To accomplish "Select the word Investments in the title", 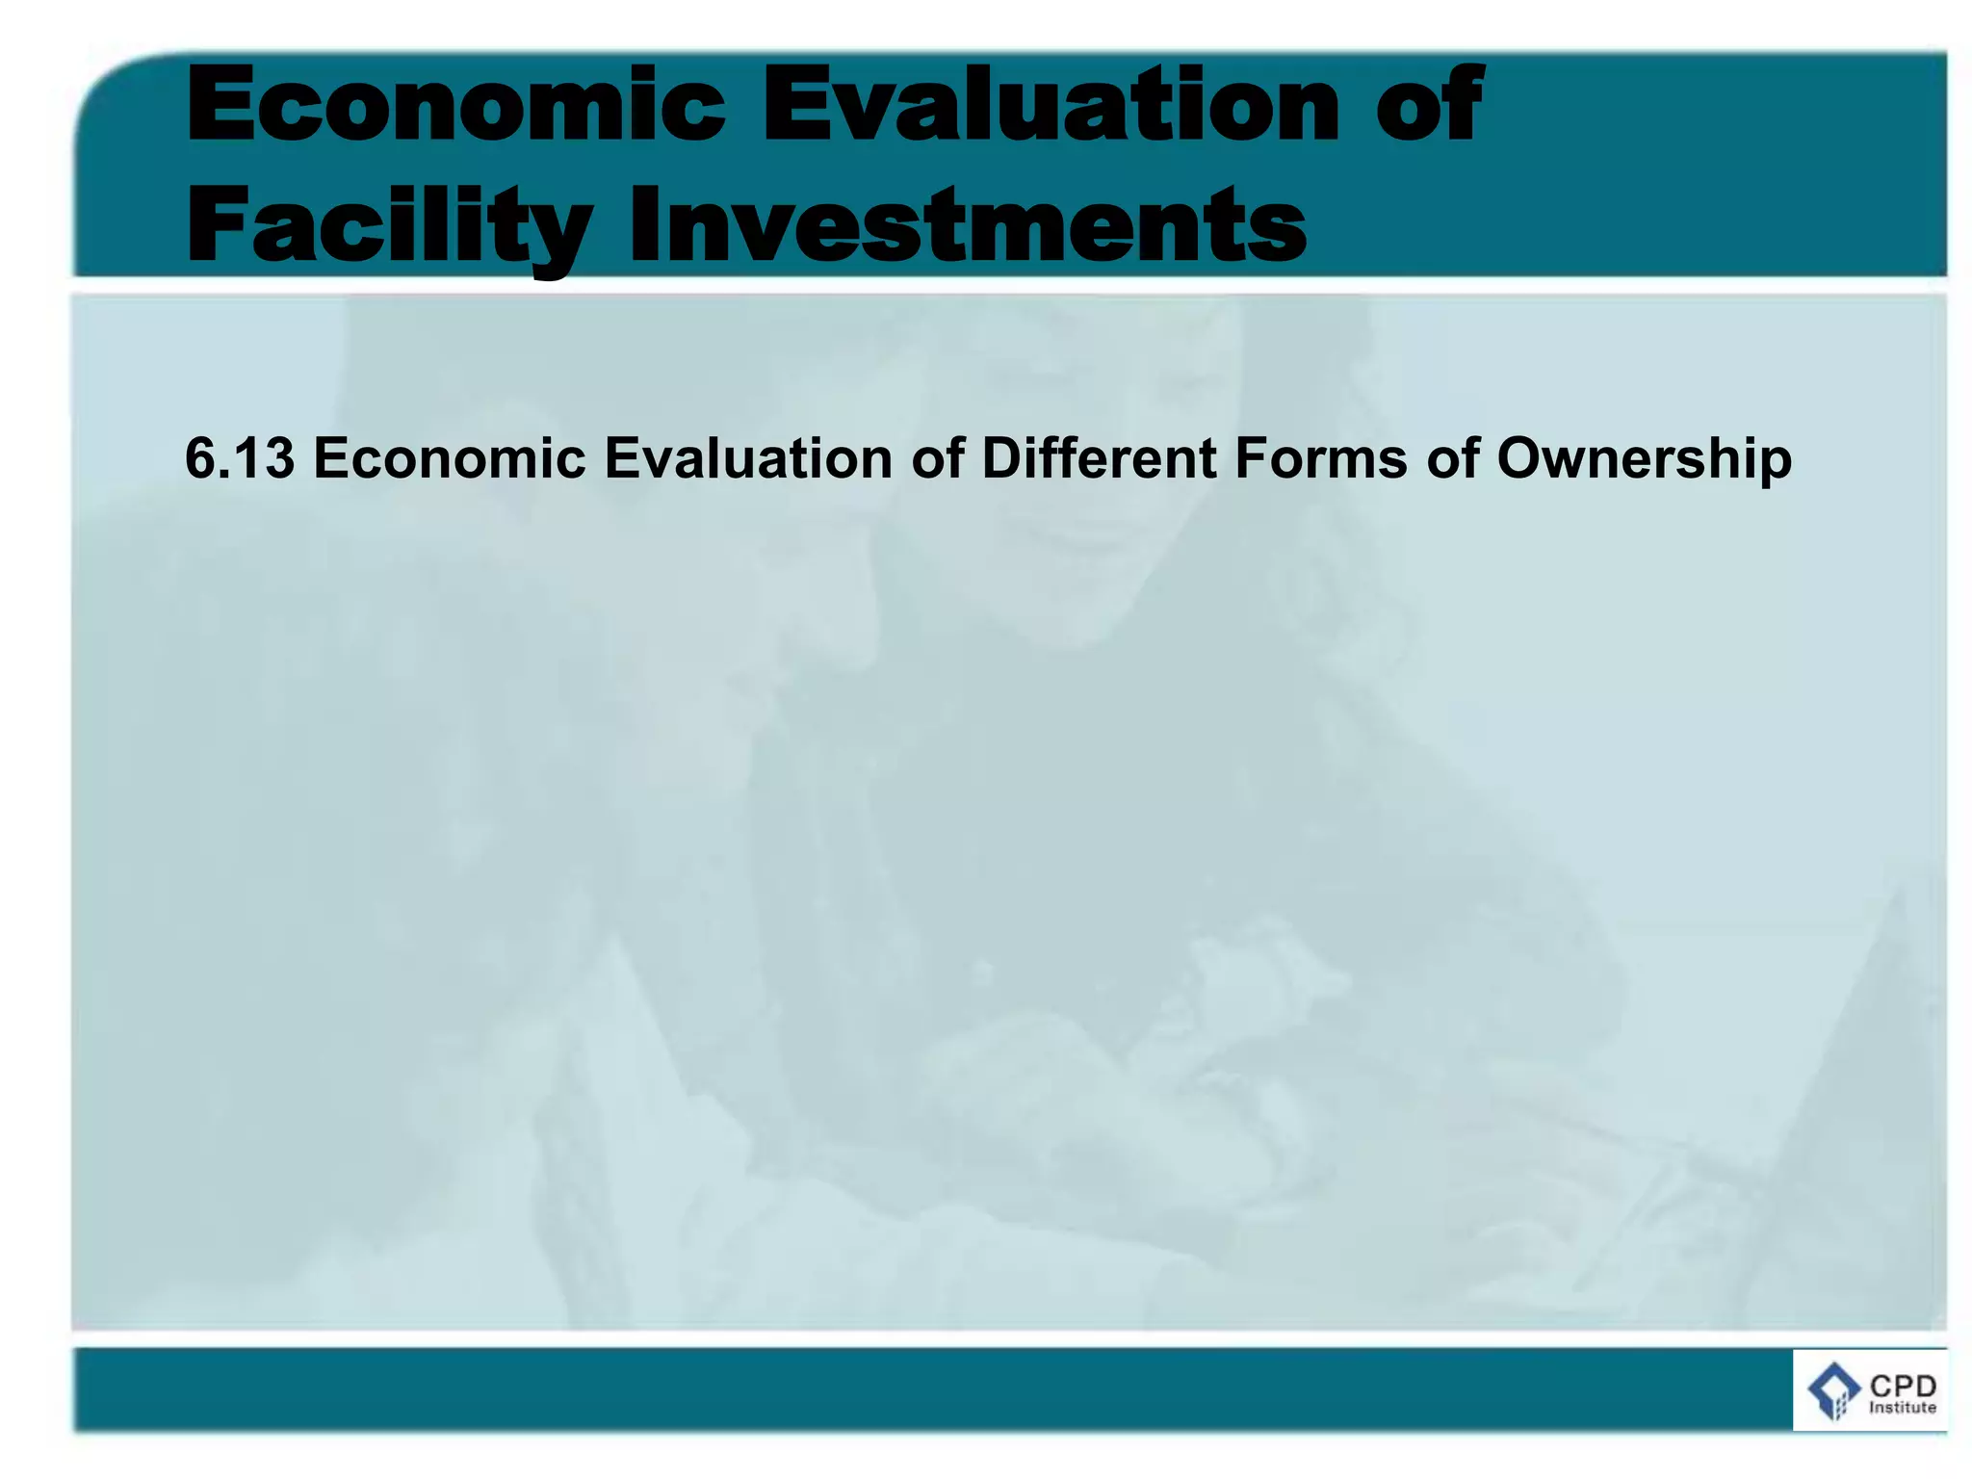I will point(967,225).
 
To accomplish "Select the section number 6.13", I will point(240,458).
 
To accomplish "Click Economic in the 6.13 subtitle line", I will point(450,458).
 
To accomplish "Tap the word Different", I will point(1100,458).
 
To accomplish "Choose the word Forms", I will point(1321,458).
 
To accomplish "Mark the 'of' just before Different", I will point(938,458).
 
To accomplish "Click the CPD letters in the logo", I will point(1903,1387).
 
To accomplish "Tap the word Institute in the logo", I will point(1902,1408).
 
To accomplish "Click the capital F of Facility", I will point(214,225).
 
